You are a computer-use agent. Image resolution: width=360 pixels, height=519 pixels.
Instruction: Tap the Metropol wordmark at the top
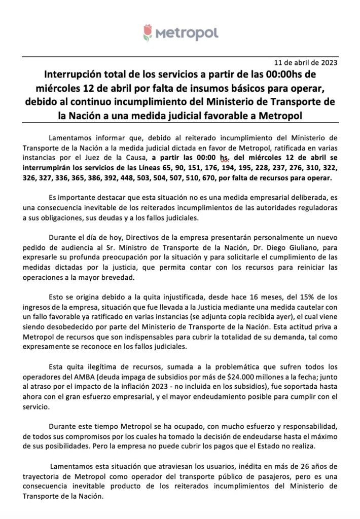pos(187,33)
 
